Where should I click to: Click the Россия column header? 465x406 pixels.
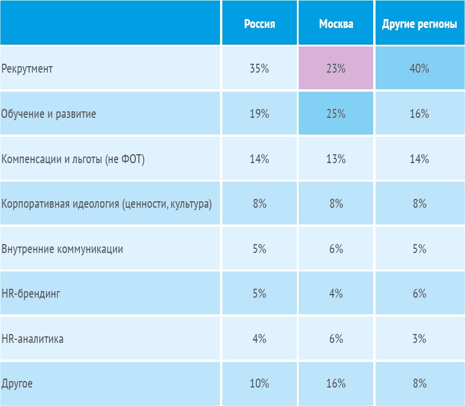pyautogui.click(x=259, y=24)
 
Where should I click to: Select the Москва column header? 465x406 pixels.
pyautogui.click(x=336, y=24)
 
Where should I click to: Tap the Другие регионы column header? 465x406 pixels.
pyautogui.click(x=419, y=24)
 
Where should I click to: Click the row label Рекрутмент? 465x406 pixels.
pyautogui.click(x=27, y=69)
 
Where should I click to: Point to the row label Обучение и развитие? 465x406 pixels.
pyautogui.click(x=49, y=114)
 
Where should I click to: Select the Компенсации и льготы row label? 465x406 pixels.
pyautogui.click(x=73, y=159)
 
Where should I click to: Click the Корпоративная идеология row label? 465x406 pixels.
pyautogui.click(x=107, y=204)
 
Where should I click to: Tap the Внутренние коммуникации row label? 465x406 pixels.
pyautogui.click(x=63, y=249)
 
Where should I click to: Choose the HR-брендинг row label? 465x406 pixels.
pyautogui.click(x=31, y=294)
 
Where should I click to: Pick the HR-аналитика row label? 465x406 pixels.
pyautogui.click(x=33, y=339)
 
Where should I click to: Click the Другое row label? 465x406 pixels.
pyautogui.click(x=17, y=384)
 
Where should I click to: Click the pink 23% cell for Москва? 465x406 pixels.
pyautogui.click(x=336, y=68)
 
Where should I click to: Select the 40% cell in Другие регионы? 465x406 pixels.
pyautogui.click(x=419, y=68)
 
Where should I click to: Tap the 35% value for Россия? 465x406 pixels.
pyautogui.click(x=259, y=68)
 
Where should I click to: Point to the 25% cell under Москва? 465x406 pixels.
pyautogui.click(x=336, y=114)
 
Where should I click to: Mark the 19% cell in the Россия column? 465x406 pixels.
pyautogui.click(x=259, y=114)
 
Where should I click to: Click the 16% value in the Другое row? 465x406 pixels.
pyautogui.click(x=336, y=384)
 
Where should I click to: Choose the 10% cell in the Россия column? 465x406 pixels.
pyautogui.click(x=259, y=384)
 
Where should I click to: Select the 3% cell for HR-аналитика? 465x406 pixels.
pyautogui.click(x=419, y=339)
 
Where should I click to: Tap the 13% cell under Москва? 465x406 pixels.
pyautogui.click(x=336, y=159)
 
